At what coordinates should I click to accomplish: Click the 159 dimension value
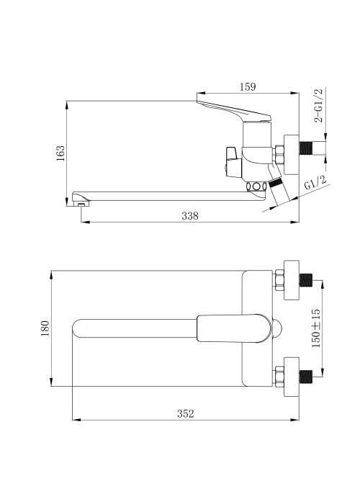(x=248, y=87)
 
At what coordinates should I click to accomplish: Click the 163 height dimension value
(x=60, y=153)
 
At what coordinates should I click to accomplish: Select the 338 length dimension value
(x=190, y=216)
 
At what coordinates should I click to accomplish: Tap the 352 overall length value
(x=186, y=414)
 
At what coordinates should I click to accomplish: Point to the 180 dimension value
(x=45, y=328)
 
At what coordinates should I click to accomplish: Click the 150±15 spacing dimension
(x=316, y=328)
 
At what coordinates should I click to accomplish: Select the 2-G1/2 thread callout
(x=318, y=105)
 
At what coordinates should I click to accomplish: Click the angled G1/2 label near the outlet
(x=315, y=183)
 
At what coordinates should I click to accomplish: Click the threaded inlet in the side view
(x=306, y=148)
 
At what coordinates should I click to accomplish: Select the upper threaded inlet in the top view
(x=306, y=280)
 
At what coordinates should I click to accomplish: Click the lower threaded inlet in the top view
(x=306, y=377)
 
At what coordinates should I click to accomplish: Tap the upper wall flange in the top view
(x=291, y=280)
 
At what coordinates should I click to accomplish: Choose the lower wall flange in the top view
(x=291, y=377)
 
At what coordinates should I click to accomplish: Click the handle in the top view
(x=234, y=328)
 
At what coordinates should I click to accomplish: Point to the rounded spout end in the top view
(x=77, y=328)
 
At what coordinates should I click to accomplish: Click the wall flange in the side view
(x=291, y=155)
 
